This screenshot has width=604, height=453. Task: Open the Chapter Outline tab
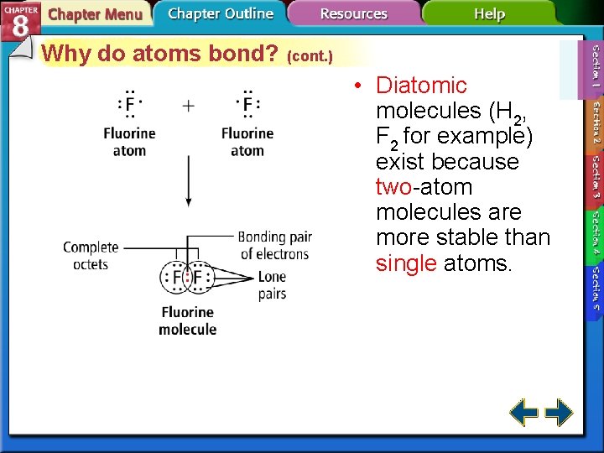click(220, 13)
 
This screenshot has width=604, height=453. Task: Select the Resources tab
click(353, 14)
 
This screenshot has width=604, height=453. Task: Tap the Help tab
click(489, 14)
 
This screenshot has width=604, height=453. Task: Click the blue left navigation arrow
click(524, 413)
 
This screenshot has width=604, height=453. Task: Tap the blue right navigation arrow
click(559, 413)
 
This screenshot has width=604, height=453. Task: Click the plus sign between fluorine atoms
click(189, 106)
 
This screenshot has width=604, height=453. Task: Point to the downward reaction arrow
click(188, 180)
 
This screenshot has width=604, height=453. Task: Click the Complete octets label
click(91, 255)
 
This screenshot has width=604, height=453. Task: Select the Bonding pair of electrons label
click(274, 245)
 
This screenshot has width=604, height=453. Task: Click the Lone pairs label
click(272, 284)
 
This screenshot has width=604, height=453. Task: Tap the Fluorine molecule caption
click(187, 320)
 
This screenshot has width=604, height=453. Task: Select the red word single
click(406, 263)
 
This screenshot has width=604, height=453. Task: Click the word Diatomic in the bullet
click(421, 86)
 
